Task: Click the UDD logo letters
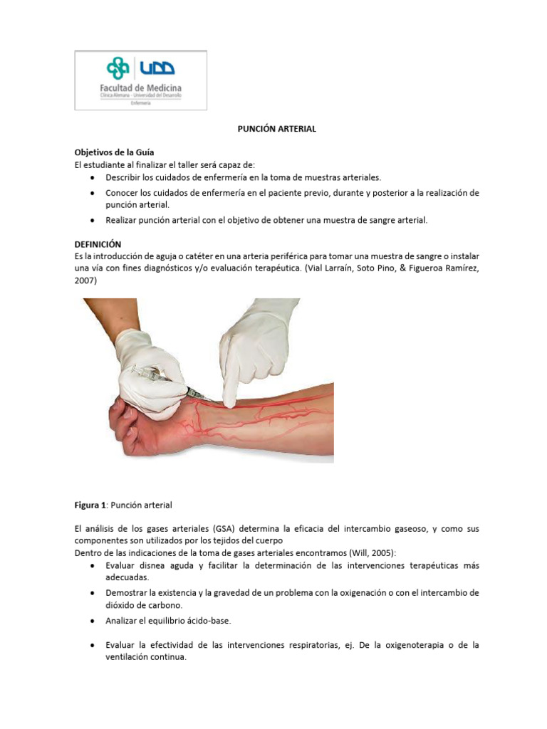157,68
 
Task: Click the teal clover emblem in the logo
118,68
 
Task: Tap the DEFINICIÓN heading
98,243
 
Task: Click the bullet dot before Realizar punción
94,221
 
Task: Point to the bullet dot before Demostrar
94,593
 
